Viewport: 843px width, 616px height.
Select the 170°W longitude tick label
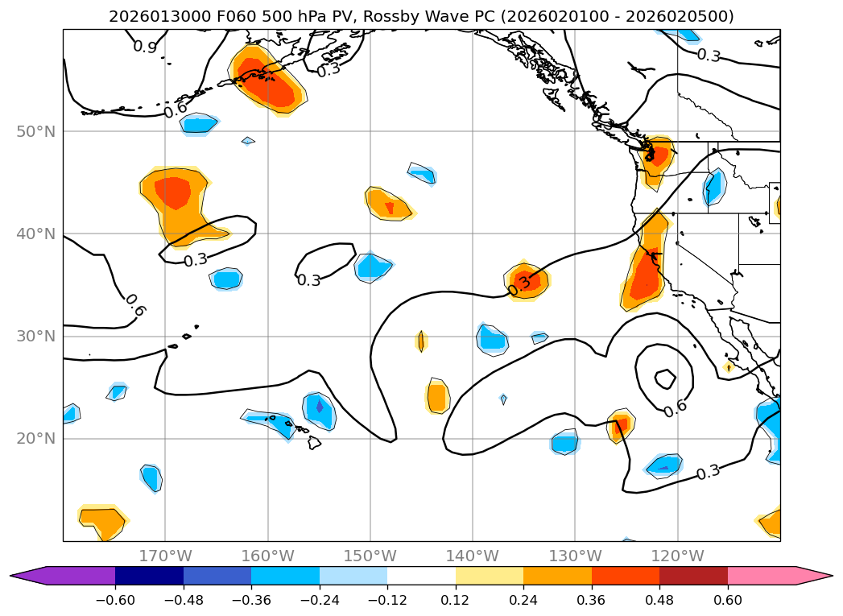click(165, 556)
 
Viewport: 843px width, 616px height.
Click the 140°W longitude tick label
click(473, 556)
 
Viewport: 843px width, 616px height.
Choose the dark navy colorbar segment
click(149, 575)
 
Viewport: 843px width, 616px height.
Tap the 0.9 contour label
click(145, 48)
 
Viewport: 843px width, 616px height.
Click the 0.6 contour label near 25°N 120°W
click(675, 407)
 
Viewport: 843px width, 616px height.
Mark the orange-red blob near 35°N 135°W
click(527, 281)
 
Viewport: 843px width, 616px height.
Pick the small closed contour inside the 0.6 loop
click(665, 378)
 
